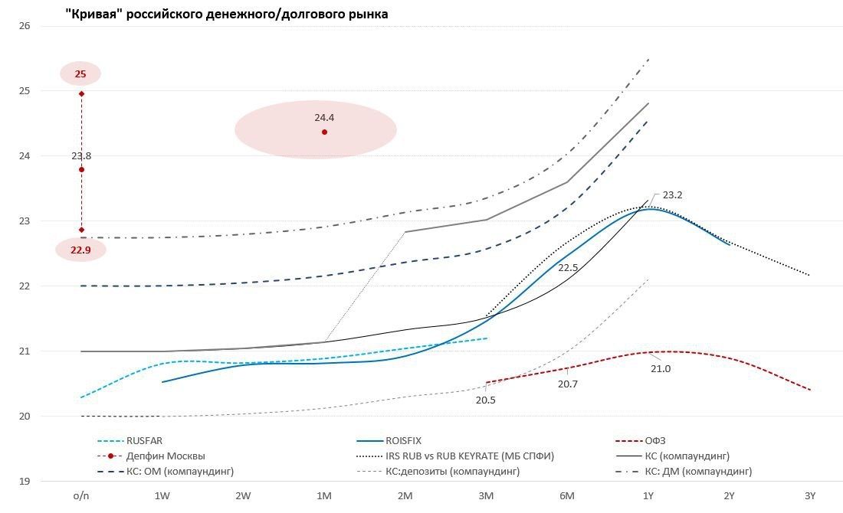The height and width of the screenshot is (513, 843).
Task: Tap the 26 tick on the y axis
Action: click(25, 26)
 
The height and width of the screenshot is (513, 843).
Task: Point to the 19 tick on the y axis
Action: click(25, 482)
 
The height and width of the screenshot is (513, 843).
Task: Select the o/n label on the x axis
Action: click(81, 496)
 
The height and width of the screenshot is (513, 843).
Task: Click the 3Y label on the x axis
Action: click(810, 496)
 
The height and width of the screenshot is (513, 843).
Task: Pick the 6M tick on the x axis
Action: click(567, 496)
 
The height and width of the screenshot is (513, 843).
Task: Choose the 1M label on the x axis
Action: click(324, 496)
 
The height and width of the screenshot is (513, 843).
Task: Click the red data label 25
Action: click(80, 74)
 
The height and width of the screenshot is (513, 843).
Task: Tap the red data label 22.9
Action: click(80, 250)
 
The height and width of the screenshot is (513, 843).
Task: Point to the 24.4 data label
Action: click(324, 118)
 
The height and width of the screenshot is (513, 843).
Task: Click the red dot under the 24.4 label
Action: click(324, 132)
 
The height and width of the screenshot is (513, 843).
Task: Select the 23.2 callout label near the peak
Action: click(672, 195)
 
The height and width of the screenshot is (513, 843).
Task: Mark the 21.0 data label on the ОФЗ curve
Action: click(661, 368)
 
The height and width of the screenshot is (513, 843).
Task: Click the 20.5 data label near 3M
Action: click(486, 400)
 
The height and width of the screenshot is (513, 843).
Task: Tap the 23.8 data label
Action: click(81, 156)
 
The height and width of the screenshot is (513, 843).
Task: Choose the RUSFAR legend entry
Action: click(145, 441)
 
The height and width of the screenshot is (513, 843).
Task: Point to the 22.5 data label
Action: click(568, 268)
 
